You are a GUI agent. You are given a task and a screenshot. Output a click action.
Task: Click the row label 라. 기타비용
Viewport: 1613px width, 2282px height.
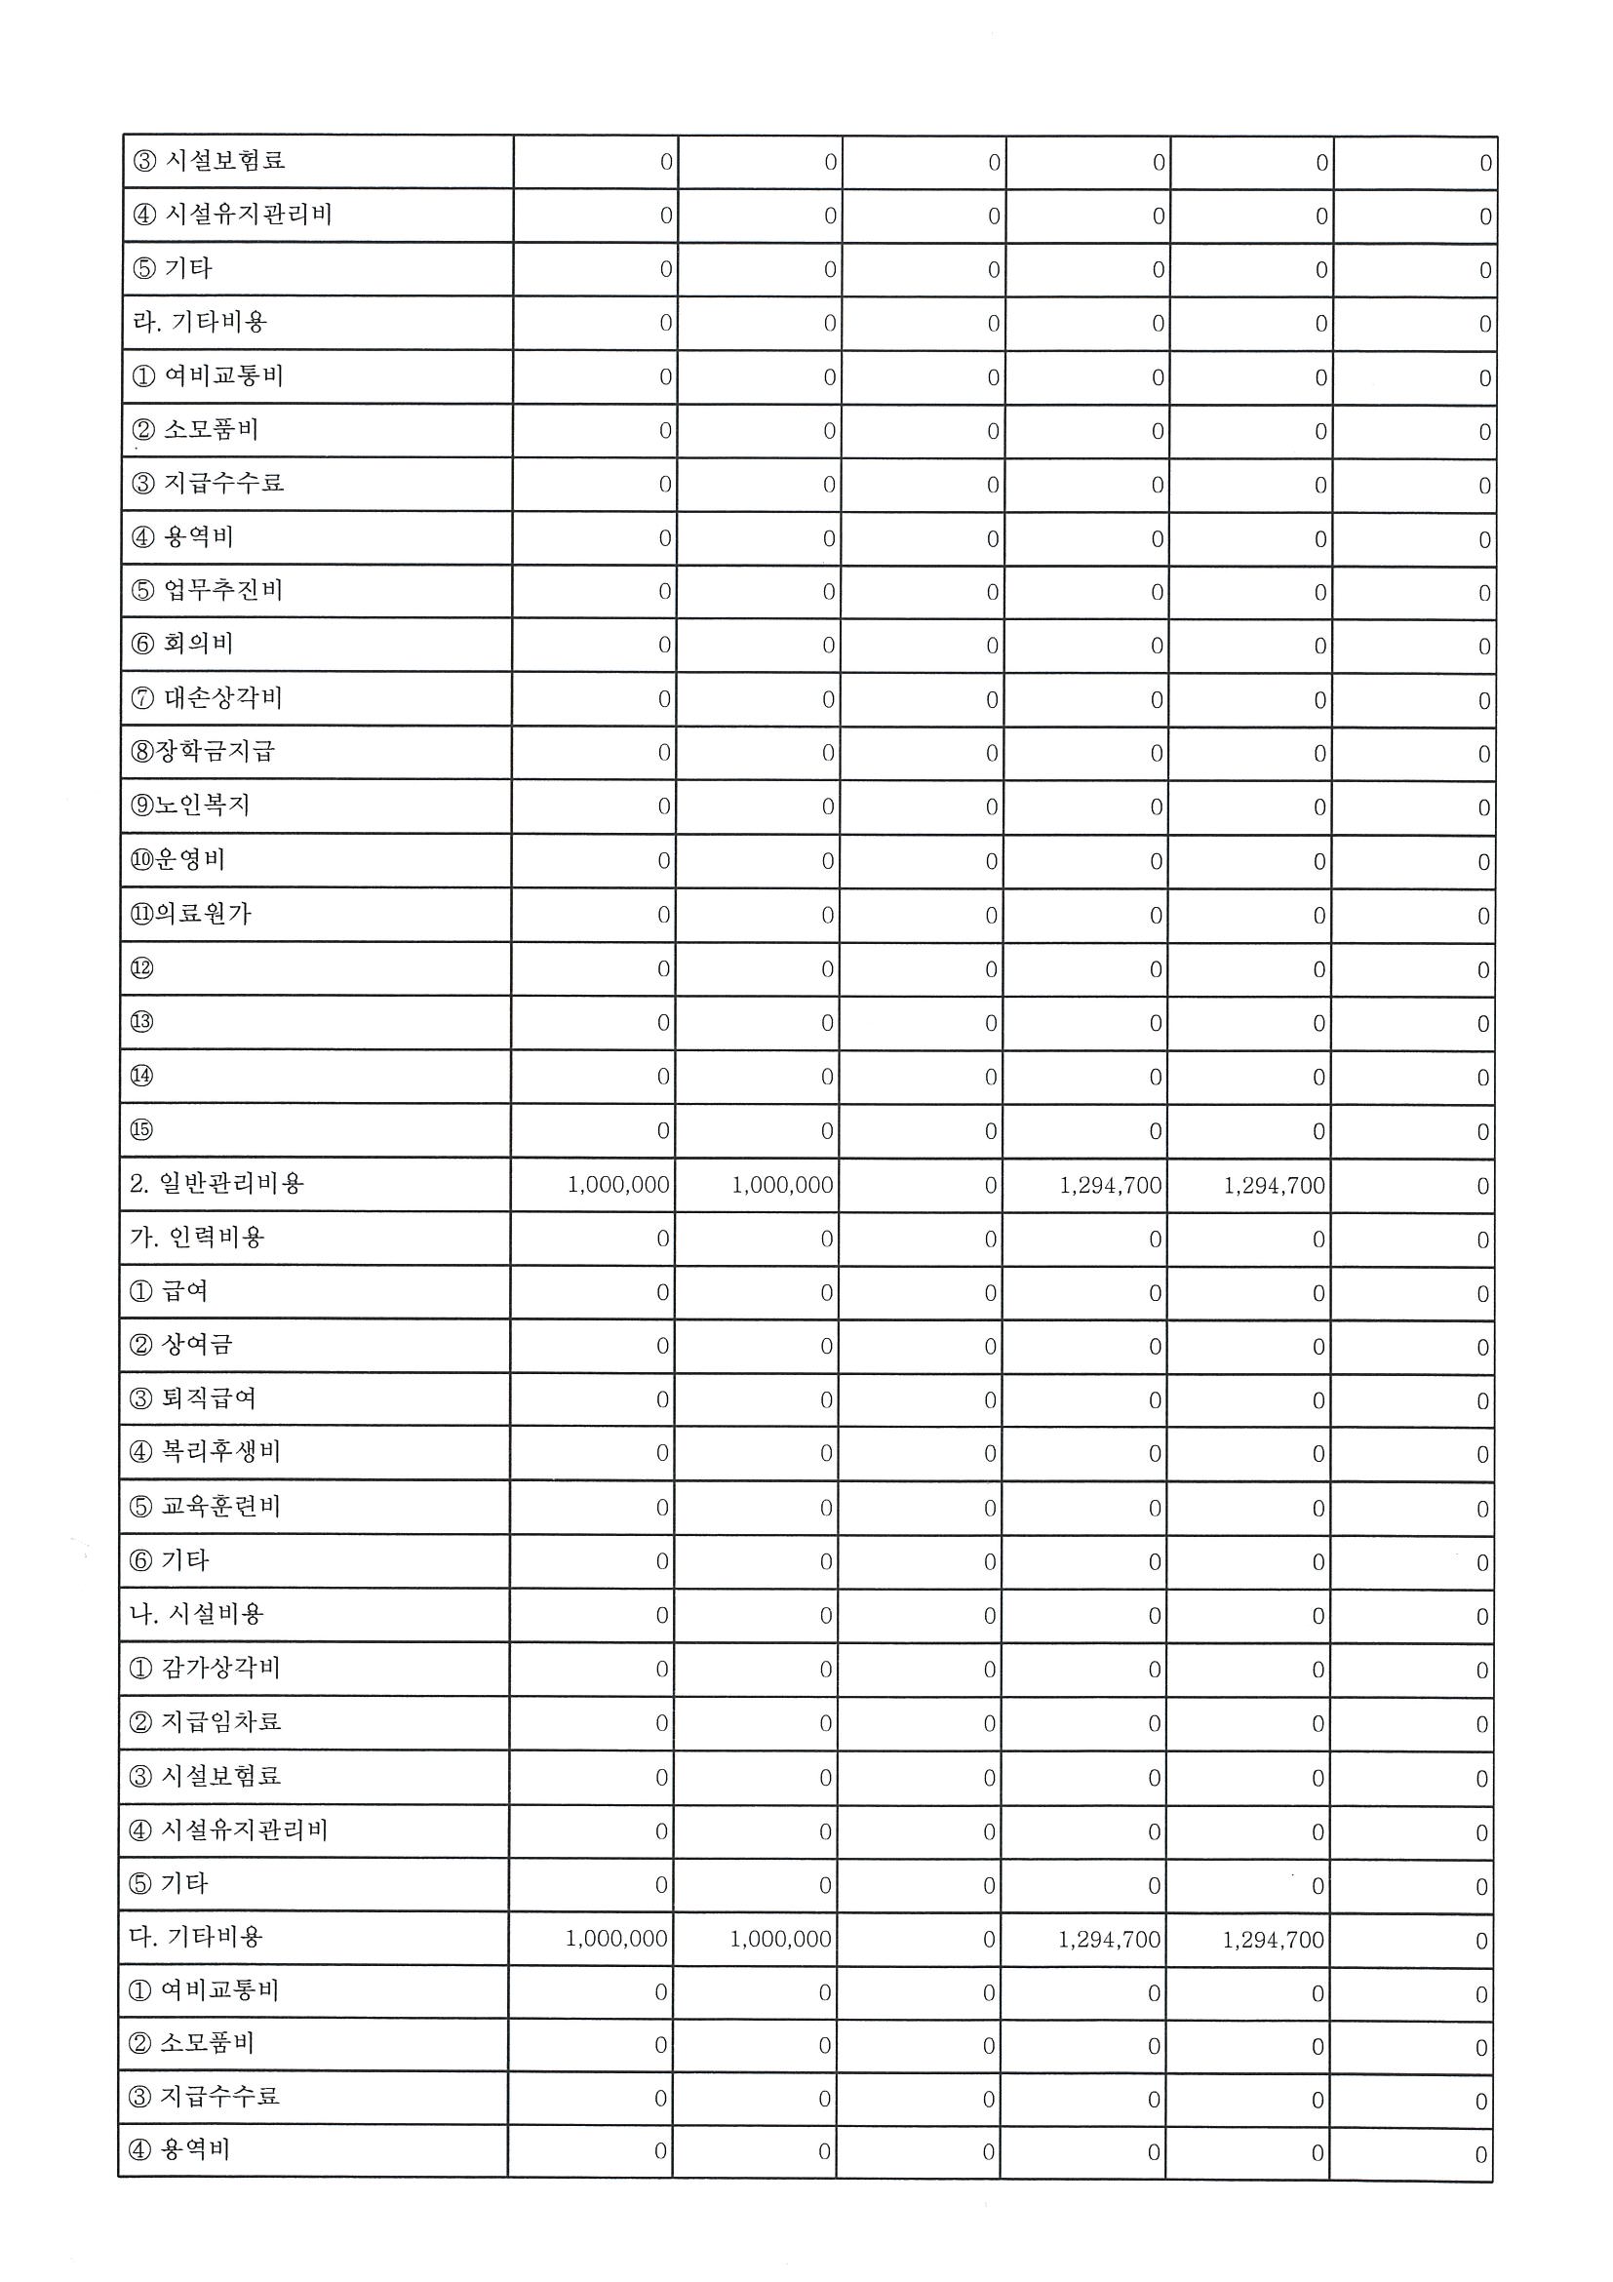[200, 322]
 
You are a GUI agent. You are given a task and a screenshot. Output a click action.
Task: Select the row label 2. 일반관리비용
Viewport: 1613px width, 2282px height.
[216, 1184]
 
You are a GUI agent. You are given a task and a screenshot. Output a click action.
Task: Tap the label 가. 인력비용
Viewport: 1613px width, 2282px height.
[197, 1238]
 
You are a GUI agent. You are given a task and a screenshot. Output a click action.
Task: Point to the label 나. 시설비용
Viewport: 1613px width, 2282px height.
[197, 1614]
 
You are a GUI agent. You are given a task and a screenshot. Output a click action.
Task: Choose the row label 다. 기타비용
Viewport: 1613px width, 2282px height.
[196, 1937]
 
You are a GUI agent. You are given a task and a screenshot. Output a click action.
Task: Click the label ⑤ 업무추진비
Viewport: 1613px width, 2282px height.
[207, 590]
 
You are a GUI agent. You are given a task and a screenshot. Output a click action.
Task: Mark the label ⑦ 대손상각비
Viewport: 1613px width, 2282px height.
[207, 697]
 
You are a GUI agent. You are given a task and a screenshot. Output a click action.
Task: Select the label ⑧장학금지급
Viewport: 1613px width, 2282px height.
[202, 751]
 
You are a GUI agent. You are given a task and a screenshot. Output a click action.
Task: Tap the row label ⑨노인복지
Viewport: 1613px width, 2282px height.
[190, 806]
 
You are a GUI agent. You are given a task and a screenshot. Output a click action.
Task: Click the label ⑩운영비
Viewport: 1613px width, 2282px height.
[177, 860]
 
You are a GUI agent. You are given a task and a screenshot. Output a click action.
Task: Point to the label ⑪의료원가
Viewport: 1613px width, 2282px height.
[191, 914]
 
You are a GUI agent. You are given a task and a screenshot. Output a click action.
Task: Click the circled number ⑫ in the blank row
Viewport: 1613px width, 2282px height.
[142, 968]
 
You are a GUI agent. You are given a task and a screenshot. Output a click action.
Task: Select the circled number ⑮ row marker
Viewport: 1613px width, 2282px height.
[142, 1130]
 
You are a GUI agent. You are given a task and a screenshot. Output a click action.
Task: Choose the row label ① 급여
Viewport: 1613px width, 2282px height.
[169, 1291]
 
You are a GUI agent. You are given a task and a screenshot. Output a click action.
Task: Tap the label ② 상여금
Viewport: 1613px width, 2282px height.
[180, 1345]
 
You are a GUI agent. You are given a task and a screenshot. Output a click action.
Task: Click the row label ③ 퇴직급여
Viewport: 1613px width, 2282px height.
[193, 1398]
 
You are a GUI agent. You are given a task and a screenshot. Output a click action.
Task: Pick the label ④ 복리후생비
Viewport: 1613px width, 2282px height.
[205, 1452]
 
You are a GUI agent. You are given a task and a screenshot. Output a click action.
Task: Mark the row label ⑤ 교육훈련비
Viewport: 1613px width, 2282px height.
[205, 1507]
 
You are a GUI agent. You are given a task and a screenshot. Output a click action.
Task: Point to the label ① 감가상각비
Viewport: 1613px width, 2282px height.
[205, 1668]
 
